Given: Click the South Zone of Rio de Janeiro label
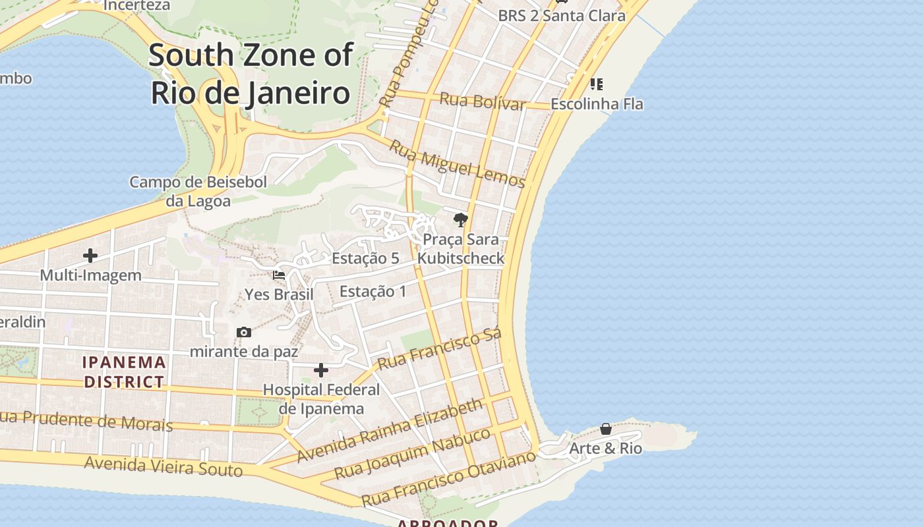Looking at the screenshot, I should [251, 74].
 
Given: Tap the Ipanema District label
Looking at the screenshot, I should [124, 372].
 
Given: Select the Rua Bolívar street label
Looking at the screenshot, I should [483, 101].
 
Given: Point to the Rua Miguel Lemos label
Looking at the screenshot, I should [457, 164].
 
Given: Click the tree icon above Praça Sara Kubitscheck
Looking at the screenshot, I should [461, 220].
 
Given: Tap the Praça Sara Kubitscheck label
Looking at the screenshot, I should [461, 248].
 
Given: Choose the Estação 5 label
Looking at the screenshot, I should [365, 258].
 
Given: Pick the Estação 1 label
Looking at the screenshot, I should [372, 291].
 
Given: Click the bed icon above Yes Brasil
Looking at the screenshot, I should [279, 275].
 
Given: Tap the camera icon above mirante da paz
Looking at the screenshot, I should [244, 332].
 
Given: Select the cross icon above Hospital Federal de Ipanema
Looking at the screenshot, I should [321, 370].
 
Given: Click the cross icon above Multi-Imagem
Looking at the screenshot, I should [90, 256].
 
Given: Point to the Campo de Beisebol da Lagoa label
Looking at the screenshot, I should [198, 191].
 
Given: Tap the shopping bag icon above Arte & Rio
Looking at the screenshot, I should [605, 430].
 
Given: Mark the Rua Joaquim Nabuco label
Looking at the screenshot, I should [413, 454].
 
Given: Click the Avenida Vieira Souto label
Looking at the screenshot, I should [164, 466].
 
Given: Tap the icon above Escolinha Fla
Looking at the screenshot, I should [597, 84].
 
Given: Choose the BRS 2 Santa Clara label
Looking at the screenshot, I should [561, 15].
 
